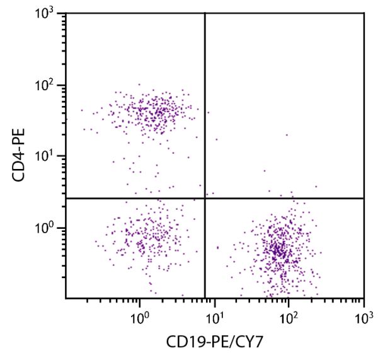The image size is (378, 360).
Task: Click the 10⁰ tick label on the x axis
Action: tap(140, 313)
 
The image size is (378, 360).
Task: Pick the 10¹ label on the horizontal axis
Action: tap(215, 313)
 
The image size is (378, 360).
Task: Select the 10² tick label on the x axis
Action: tap(289, 313)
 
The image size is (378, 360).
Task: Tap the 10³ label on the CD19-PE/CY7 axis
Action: tap(364, 313)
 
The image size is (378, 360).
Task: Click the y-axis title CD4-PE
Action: tap(18, 156)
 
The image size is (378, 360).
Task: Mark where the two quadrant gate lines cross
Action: tap(205, 198)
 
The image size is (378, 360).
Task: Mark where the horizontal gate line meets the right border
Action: tap(364, 198)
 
